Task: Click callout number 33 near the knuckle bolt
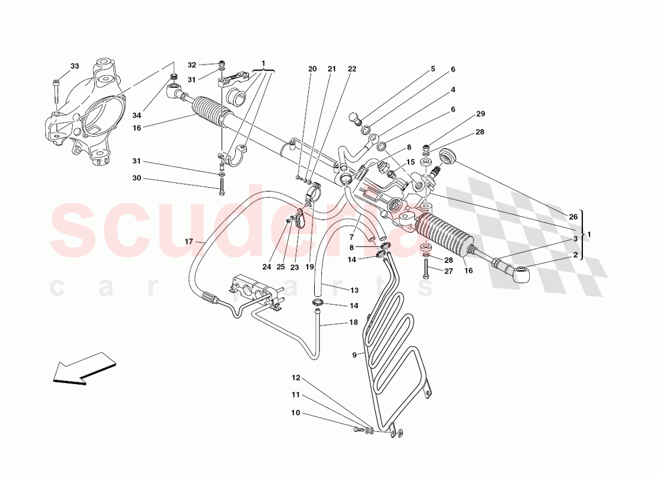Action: point(74,66)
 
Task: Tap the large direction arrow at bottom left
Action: point(83,366)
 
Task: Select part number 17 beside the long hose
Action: point(189,242)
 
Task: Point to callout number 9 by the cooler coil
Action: point(354,355)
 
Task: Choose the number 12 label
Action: point(297,378)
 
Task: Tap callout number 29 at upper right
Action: point(480,114)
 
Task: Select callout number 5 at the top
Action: point(433,69)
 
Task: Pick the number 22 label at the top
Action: point(352,69)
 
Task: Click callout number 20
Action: point(312,69)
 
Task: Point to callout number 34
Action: point(137,115)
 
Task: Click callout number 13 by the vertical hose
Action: point(354,290)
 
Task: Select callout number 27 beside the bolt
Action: point(448,271)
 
